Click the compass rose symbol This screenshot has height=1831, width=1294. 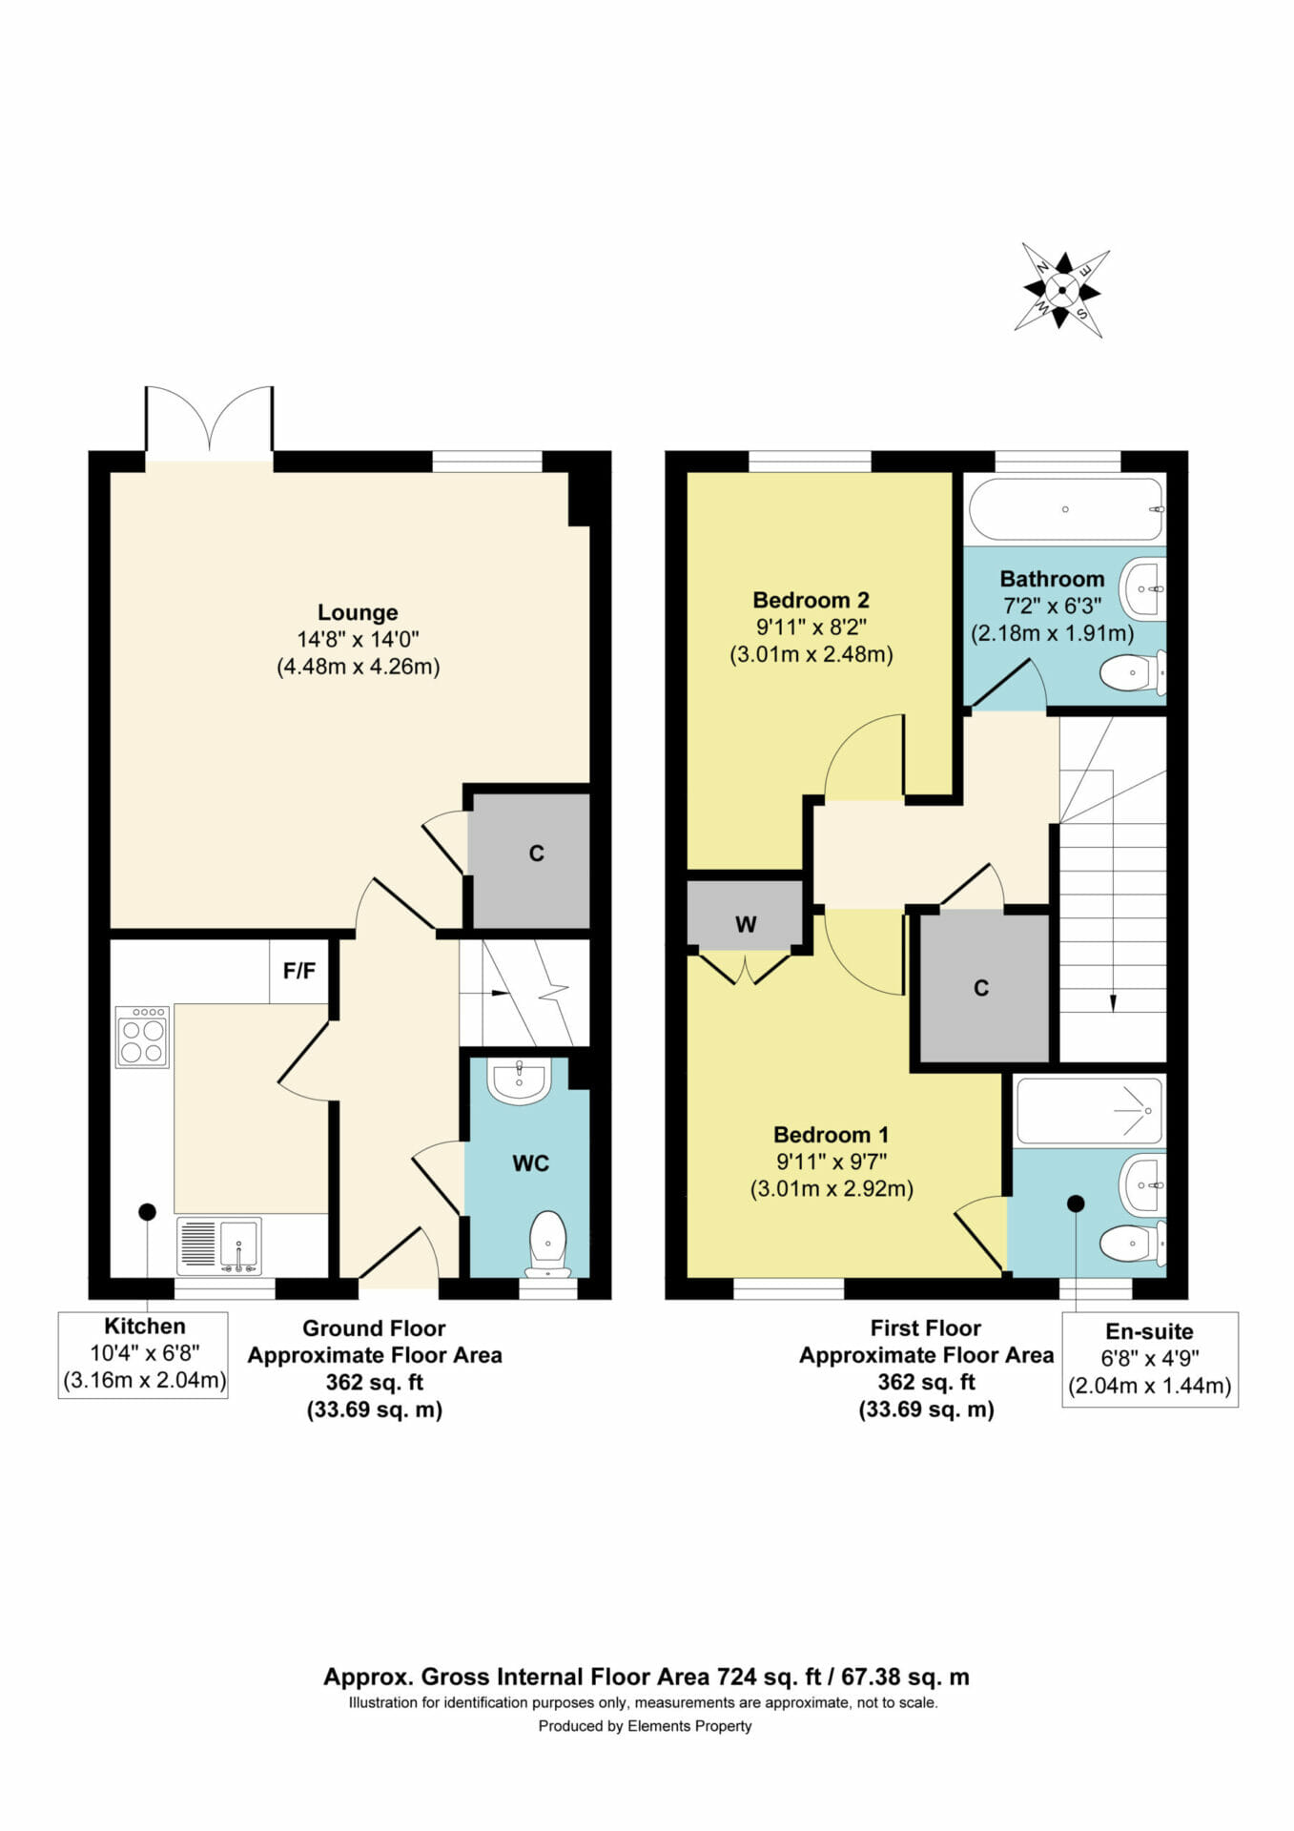[x=1061, y=290]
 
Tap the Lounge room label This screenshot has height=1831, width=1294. [x=358, y=612]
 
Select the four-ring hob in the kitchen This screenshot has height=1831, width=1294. [x=143, y=1037]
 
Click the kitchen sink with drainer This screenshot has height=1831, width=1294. [x=218, y=1246]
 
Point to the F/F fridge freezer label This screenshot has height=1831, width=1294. [x=298, y=971]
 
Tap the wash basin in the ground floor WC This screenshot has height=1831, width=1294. [x=519, y=1081]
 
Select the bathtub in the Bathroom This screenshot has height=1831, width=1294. [x=1066, y=509]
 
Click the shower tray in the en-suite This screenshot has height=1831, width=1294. [x=1090, y=1111]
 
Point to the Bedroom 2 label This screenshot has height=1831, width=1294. [x=811, y=600]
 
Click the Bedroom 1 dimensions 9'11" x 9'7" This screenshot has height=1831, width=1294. [x=832, y=1162]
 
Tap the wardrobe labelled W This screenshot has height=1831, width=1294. [x=746, y=915]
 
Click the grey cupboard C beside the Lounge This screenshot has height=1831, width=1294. [x=531, y=859]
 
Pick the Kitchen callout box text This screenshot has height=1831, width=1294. [x=144, y=1353]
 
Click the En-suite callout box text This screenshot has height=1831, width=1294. [x=1149, y=1358]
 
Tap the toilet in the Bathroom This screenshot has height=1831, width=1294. [x=1133, y=672]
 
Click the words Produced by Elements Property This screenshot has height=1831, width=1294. [x=645, y=1725]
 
